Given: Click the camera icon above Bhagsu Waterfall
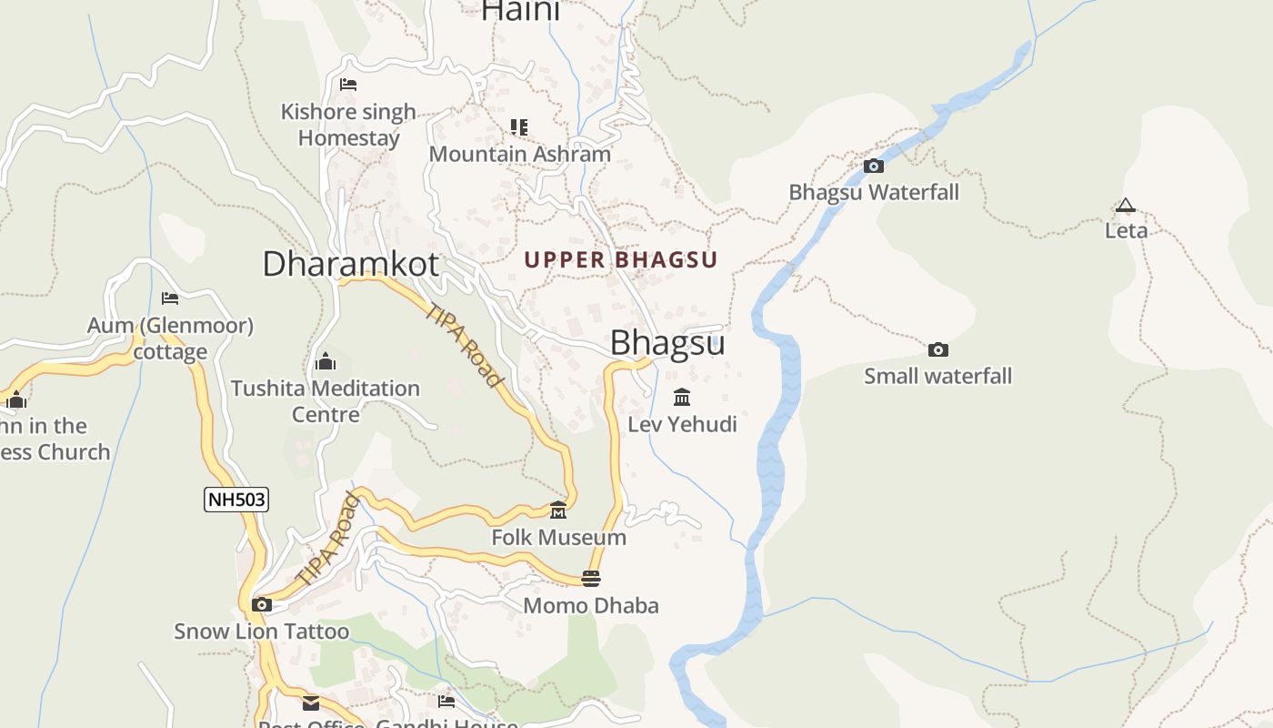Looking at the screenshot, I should (873, 166).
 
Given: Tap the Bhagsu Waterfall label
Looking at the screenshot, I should (873, 192).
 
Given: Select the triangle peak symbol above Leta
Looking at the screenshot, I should (1126, 206).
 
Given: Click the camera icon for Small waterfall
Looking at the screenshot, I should (937, 349).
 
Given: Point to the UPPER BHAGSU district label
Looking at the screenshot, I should (621, 259).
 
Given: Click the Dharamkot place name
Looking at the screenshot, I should (350, 264).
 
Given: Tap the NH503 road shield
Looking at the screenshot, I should (236, 500).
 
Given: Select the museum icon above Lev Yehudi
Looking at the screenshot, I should (682, 397).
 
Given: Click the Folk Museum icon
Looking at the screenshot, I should (558, 510).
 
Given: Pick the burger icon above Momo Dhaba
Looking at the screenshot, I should (591, 579).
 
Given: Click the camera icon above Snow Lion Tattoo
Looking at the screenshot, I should (262, 604).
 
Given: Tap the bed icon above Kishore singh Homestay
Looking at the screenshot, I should (348, 85).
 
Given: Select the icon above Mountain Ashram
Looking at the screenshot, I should (519, 126).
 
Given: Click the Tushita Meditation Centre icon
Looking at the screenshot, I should (325, 361).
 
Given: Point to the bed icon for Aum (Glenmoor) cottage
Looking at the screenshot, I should (170, 298).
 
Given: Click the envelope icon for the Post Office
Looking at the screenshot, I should (311, 703).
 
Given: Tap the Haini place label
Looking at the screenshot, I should (520, 11).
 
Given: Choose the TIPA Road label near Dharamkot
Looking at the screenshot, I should (465, 345).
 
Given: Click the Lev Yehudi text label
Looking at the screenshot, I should (682, 424).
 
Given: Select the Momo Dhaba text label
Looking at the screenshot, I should (591, 605).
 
